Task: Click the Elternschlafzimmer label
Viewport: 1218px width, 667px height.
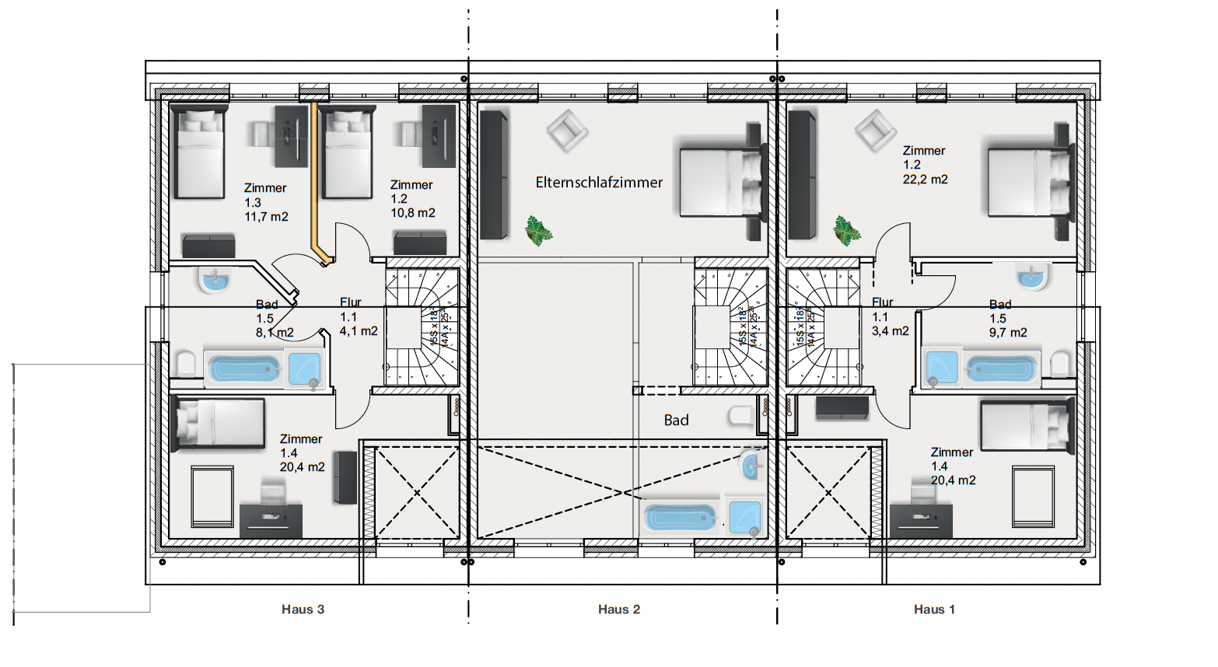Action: [599, 183]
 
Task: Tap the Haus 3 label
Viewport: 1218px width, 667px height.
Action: [303, 609]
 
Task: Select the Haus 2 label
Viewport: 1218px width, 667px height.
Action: [619, 609]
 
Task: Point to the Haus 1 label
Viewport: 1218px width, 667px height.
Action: [934, 609]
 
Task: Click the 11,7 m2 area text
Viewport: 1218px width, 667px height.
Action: [266, 217]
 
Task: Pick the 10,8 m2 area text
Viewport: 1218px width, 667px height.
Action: [412, 213]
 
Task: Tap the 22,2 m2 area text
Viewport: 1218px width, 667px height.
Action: [925, 180]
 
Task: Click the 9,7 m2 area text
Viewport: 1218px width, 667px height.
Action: [1008, 333]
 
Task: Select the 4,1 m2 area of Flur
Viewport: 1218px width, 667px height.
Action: [359, 331]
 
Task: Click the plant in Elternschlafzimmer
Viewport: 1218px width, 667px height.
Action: [537, 230]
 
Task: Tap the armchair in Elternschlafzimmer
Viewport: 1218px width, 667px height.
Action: [567, 130]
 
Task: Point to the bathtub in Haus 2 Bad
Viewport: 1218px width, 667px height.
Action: [680, 518]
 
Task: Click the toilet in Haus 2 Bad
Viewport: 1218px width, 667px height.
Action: [740, 417]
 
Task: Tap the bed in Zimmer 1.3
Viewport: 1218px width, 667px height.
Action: [198, 153]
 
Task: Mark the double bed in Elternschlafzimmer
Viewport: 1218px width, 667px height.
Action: [720, 181]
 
